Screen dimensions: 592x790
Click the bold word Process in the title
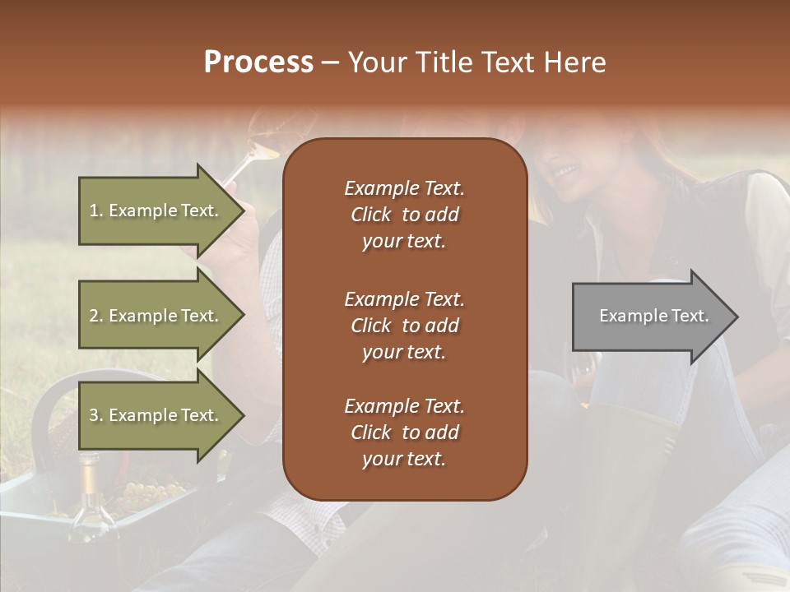(258, 62)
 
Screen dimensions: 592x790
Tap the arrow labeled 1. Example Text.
(156, 210)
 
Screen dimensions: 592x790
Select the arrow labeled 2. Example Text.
(156, 316)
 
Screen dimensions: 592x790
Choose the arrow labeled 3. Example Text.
(156, 415)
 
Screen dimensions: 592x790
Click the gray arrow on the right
(650, 317)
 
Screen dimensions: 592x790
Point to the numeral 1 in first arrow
(93, 210)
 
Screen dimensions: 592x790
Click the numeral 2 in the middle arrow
(94, 316)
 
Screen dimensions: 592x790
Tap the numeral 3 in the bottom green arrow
(94, 415)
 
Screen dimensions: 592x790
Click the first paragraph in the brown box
(404, 215)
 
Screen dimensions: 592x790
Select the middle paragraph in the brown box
(404, 325)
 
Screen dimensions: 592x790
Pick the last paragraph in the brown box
(404, 432)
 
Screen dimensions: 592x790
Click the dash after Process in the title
(330, 62)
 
